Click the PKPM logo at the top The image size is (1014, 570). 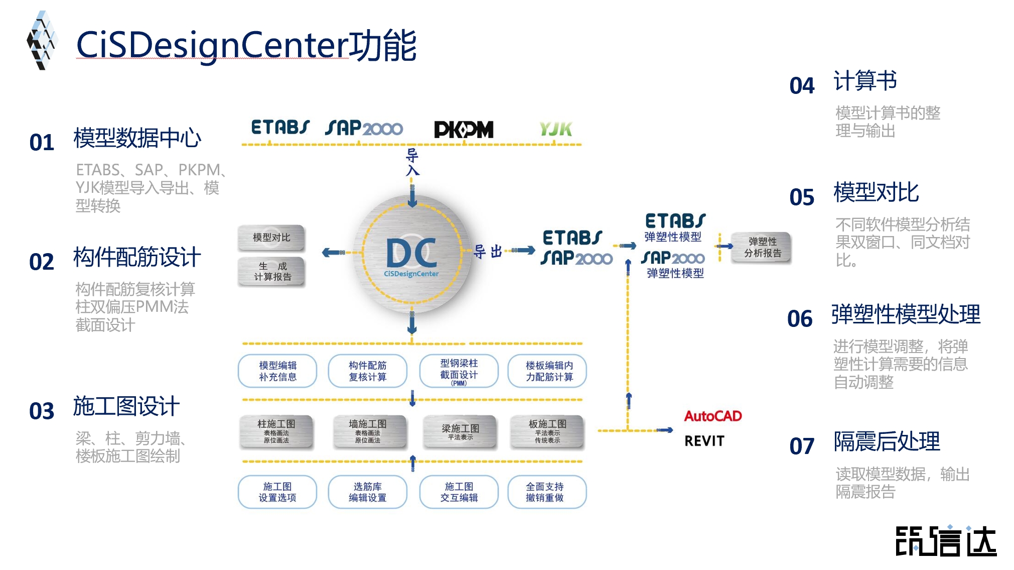pyautogui.click(x=464, y=130)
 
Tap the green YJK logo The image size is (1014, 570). pyautogui.click(x=555, y=129)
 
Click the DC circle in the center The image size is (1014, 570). pyautogui.click(x=411, y=254)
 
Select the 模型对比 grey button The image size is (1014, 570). pyautogui.click(x=271, y=238)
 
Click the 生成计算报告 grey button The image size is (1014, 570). pyautogui.click(x=271, y=271)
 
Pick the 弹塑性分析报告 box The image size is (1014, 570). pyautogui.click(x=762, y=248)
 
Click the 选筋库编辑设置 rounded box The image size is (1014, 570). pyautogui.click(x=367, y=492)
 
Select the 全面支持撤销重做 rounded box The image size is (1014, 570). pyautogui.click(x=546, y=492)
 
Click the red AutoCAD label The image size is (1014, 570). pyautogui.click(x=712, y=416)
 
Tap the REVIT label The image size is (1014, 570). pyautogui.click(x=704, y=441)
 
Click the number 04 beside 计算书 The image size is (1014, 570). pyautogui.click(x=802, y=86)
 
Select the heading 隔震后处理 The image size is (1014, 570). pyautogui.click(x=887, y=442)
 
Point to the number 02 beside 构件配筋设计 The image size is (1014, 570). pyautogui.click(x=42, y=262)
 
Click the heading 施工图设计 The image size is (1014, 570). pyautogui.click(x=126, y=406)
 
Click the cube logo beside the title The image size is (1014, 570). pyautogui.click(x=42, y=41)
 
